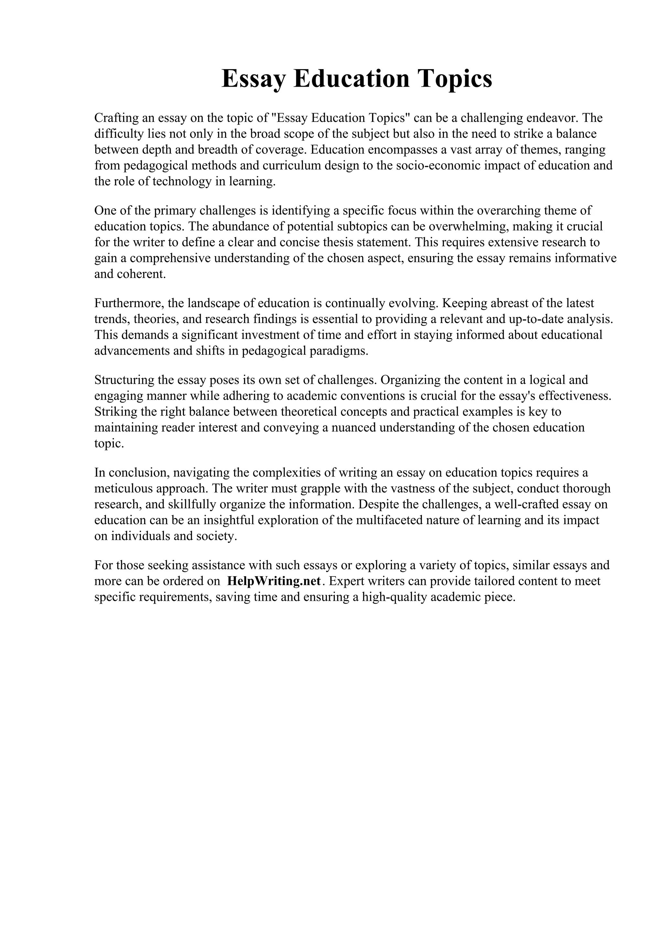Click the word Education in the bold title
point(351,79)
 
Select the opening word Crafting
point(116,118)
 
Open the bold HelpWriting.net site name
point(274,581)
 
